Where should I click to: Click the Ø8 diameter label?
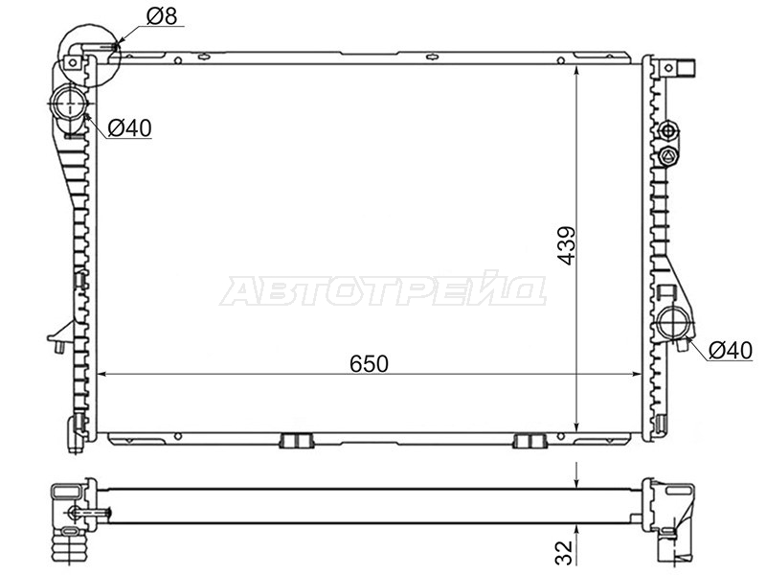(162, 15)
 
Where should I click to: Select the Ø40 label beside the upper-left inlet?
(129, 128)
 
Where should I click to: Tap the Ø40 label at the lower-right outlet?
(731, 351)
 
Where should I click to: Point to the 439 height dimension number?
(567, 245)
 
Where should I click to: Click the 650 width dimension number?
(369, 364)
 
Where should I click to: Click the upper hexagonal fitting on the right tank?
(667, 130)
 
